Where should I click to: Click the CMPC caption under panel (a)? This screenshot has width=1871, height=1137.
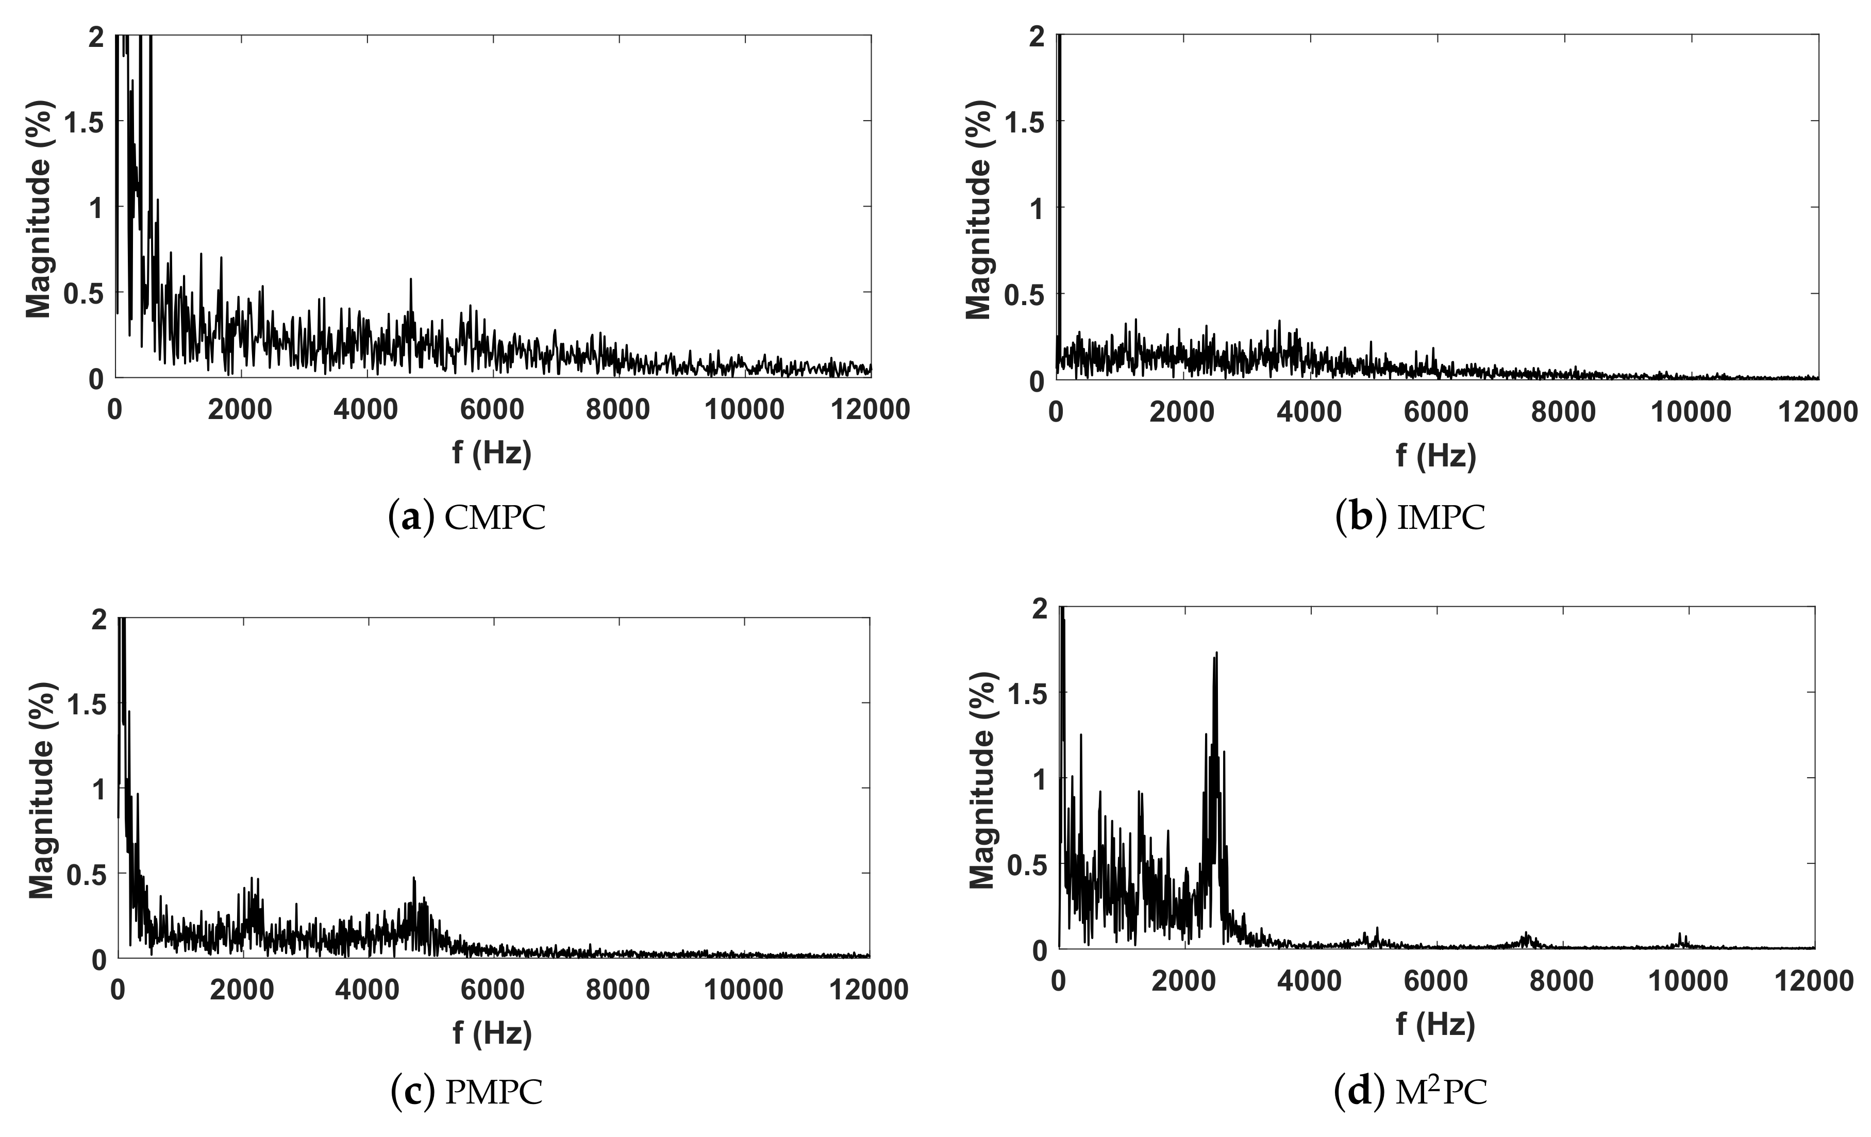point(467,518)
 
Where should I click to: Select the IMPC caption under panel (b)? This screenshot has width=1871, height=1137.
point(1410,518)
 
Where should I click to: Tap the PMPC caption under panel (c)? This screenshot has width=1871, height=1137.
point(467,1092)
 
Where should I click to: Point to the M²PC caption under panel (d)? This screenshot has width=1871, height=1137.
point(1410,1092)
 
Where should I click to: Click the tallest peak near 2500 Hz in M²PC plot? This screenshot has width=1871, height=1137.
point(1216,655)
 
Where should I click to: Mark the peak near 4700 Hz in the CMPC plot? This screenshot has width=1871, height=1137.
point(411,281)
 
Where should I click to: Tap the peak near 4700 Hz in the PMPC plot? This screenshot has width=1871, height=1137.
point(414,879)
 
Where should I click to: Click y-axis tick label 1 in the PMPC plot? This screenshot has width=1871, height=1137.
point(97,789)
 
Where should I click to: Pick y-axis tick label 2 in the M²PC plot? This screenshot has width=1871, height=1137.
point(1039,608)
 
